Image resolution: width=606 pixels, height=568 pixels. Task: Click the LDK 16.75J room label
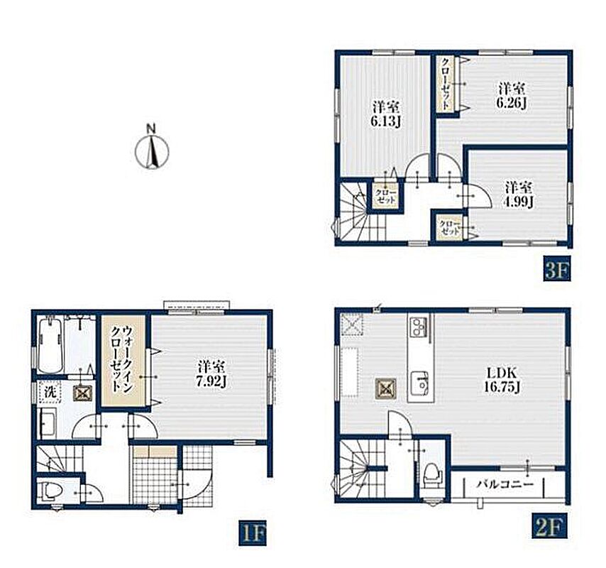502,380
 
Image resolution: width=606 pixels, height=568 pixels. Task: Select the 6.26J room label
512,97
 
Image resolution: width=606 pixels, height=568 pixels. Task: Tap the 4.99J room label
519,195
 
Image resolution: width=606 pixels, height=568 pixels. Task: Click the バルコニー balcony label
505,484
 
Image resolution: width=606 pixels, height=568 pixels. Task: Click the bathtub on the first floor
51,344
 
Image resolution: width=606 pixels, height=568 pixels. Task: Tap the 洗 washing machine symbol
50,393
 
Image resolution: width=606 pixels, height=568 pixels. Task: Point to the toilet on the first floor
52,491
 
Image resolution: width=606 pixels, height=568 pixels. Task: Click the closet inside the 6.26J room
447,84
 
